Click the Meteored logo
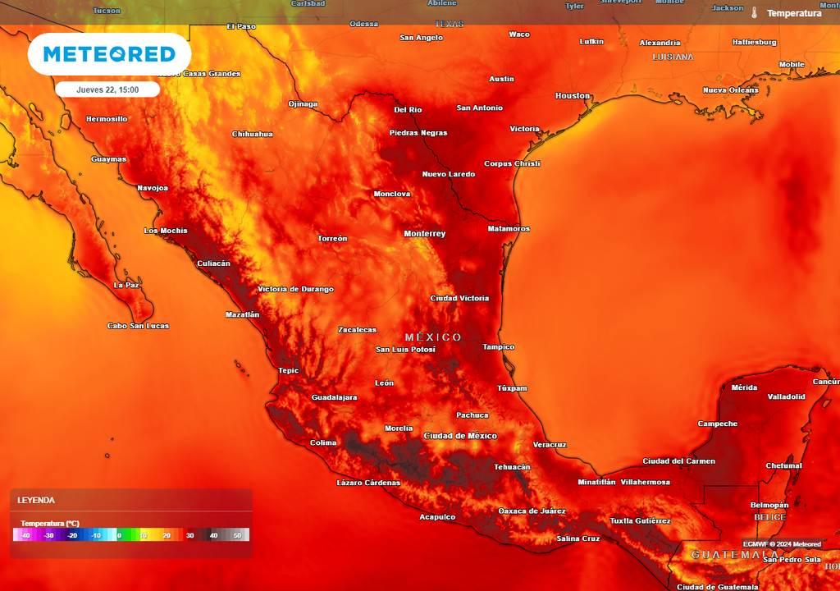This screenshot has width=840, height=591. (109, 55)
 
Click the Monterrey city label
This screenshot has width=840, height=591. (425, 234)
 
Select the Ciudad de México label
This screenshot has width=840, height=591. (460, 436)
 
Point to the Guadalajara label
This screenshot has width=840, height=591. (334, 397)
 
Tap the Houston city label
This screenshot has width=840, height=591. (573, 96)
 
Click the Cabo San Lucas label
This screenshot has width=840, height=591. (138, 326)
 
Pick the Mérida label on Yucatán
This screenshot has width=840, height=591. (744, 387)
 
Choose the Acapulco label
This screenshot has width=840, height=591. (437, 517)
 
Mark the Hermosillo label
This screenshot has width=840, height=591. (107, 119)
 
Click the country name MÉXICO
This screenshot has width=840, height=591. (433, 337)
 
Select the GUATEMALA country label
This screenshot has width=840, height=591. (735, 555)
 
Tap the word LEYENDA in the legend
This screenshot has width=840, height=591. (36, 500)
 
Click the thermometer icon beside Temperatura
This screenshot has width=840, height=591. (754, 13)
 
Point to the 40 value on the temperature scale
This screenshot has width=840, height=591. (213, 536)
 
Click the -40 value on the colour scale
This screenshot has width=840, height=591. (25, 536)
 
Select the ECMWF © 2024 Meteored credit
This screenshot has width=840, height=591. (782, 544)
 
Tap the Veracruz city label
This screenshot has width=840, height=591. (550, 444)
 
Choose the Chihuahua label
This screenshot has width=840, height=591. (253, 134)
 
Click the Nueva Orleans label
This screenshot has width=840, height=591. (731, 89)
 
